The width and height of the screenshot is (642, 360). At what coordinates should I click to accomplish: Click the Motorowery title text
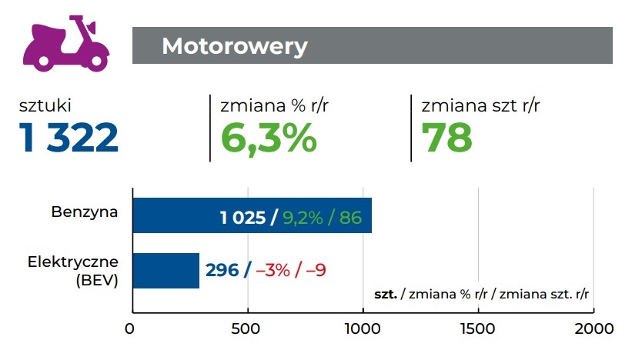click(x=234, y=46)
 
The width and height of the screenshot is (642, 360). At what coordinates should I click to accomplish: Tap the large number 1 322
click(x=69, y=138)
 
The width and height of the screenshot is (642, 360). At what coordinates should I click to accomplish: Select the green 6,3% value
click(x=269, y=138)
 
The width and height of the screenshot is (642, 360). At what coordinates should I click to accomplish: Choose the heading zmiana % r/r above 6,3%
click(x=270, y=106)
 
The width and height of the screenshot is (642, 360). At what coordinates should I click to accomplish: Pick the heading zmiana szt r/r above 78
click(x=480, y=106)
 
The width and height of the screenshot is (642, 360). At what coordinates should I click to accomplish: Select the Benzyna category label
click(x=85, y=211)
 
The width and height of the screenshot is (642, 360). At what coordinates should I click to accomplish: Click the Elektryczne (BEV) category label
click(x=74, y=271)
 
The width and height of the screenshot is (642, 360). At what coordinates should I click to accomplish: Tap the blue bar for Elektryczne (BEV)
click(x=166, y=271)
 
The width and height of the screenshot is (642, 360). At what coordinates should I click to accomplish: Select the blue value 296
click(x=222, y=271)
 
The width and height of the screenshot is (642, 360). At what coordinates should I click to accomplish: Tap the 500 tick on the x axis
click(x=247, y=330)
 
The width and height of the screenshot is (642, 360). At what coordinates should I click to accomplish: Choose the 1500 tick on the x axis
click(x=478, y=330)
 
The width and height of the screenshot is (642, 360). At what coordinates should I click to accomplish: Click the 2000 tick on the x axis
click(x=594, y=330)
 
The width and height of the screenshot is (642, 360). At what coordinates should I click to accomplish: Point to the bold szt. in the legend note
click(x=385, y=295)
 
